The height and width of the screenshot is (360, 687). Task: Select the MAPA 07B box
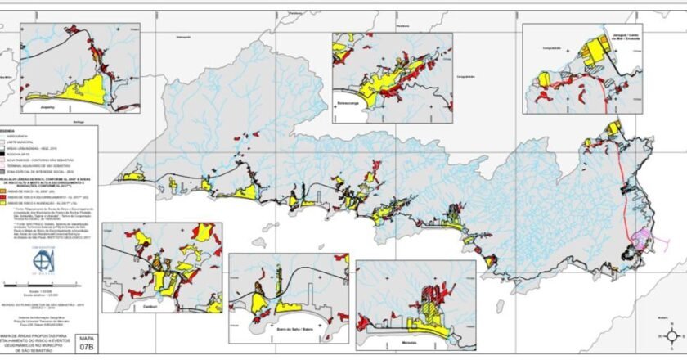[85, 341]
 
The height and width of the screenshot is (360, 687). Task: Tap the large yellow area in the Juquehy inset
[94, 83]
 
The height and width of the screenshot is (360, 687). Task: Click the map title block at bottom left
[37, 341]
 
